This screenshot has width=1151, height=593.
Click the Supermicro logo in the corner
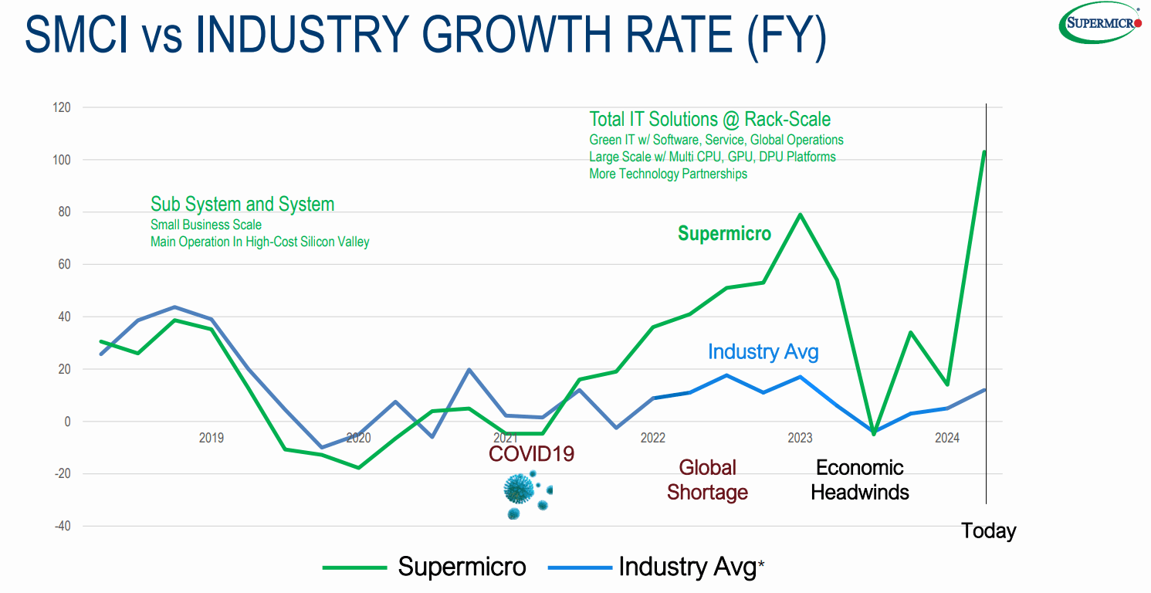1101,22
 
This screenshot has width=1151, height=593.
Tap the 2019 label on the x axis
212,438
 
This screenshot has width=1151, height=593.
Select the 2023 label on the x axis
800,438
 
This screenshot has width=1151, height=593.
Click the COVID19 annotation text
531,453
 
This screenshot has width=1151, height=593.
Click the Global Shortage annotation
707,479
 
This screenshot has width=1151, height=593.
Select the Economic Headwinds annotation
860,479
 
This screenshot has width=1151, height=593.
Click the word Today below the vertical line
988,531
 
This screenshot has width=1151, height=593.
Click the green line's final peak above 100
984,151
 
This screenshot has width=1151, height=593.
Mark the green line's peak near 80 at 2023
800,214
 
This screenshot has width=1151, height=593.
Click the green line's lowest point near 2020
358,468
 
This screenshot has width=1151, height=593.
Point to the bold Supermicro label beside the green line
724,234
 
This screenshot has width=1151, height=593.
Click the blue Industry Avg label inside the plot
763,352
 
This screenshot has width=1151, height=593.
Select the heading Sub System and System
242,205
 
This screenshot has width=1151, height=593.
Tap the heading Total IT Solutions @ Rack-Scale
709,120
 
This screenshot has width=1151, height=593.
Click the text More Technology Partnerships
668,174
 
